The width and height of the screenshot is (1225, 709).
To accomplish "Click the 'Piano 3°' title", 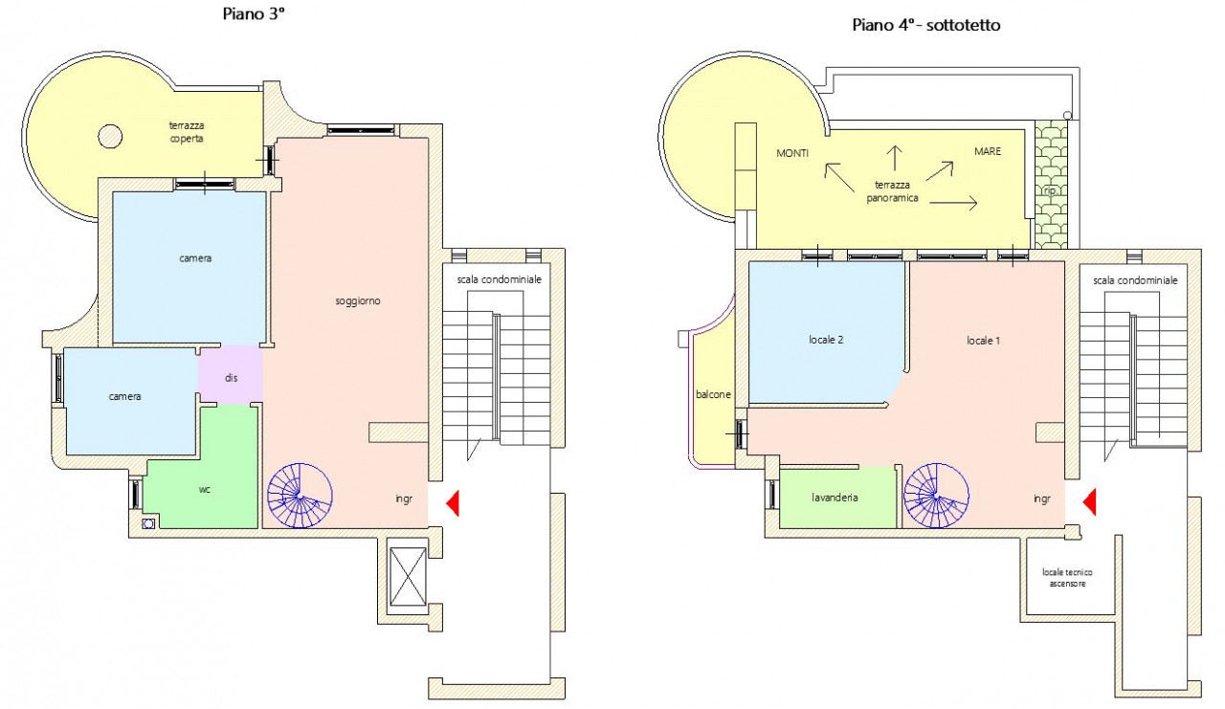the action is point(254,13).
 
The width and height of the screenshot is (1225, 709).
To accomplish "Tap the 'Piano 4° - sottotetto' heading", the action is point(925,25).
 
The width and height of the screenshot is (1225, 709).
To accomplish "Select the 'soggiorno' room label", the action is point(358,301).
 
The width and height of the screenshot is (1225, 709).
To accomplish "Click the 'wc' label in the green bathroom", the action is point(205,489).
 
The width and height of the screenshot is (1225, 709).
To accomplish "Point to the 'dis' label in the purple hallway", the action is point(231,378).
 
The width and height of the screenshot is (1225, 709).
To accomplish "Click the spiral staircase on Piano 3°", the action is point(300,496).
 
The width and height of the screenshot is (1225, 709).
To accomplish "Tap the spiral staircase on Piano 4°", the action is point(936,496).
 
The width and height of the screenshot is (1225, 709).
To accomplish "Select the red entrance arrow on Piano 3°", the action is point(453,503).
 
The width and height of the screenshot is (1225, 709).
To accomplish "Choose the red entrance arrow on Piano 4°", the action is point(1089,501).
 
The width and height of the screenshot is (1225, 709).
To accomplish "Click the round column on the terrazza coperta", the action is point(110,136).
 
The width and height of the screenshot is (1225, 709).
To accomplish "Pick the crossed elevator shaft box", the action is point(408,576).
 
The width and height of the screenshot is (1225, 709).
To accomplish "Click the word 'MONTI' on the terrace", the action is point(792,154).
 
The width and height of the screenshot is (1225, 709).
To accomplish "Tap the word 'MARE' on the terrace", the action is point(988,151).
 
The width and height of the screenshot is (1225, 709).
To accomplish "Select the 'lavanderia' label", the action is point(835,498).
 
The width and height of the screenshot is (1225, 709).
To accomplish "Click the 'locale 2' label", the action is point(826,340).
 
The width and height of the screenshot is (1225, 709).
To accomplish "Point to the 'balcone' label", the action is point(713,394).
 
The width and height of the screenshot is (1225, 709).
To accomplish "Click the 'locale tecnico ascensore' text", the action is point(1067,578).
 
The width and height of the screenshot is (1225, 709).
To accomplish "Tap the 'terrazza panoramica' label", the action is point(892,191).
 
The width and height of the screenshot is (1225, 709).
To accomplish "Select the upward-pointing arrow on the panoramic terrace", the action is point(894,158).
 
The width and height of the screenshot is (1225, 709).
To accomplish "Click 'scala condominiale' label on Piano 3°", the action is point(500,279).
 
